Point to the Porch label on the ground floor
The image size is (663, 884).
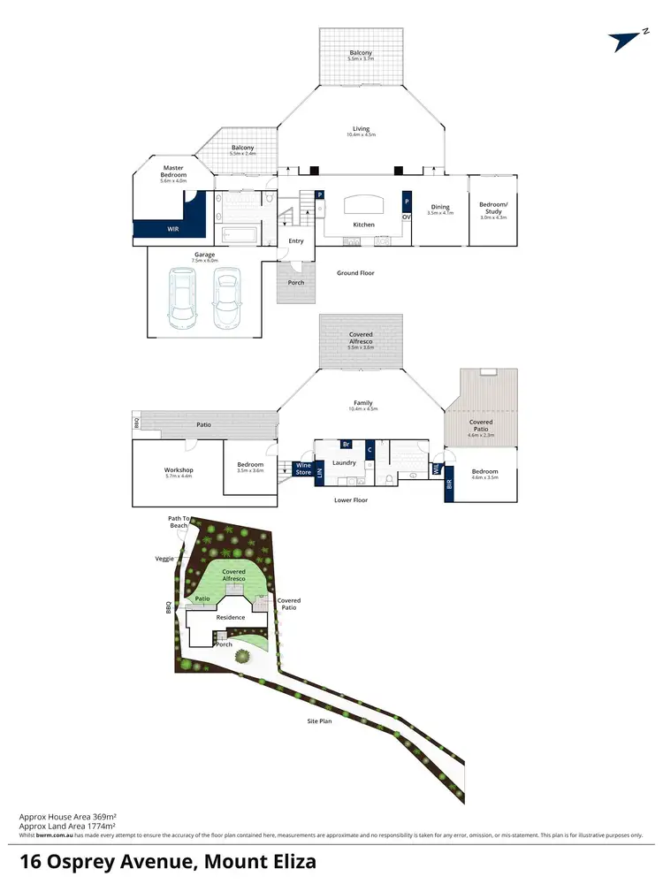click(296, 283)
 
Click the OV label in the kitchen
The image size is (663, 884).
click(407, 217)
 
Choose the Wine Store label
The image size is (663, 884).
click(303, 468)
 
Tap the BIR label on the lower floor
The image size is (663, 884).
click(448, 484)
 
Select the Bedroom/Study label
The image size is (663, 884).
click(491, 208)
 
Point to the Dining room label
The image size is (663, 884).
click(439, 208)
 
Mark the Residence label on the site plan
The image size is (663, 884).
click(230, 618)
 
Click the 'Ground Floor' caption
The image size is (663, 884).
click(355, 273)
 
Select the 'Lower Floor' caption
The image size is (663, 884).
click(352, 499)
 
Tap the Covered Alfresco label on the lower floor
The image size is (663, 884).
click(361, 338)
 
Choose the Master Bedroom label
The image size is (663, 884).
click(174, 171)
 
